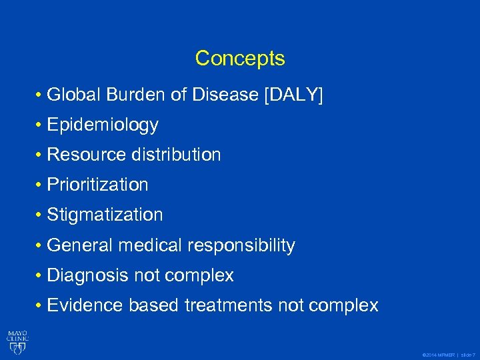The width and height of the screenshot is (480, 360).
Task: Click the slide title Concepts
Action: (x=240, y=59)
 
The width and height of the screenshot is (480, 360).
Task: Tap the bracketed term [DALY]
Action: (x=293, y=95)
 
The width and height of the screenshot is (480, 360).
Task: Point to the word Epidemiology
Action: (x=103, y=125)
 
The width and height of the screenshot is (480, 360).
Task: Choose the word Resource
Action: (x=87, y=155)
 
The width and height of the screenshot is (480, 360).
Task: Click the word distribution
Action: (x=176, y=155)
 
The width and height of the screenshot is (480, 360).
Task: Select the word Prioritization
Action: (x=98, y=185)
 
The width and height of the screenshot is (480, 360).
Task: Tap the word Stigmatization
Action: (x=105, y=215)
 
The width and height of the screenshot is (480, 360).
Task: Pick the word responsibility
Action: (x=241, y=245)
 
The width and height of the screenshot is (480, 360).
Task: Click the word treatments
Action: (x=228, y=305)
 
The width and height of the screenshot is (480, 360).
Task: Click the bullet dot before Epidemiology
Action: (x=40, y=125)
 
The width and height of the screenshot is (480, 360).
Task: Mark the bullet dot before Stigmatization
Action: (x=40, y=215)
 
